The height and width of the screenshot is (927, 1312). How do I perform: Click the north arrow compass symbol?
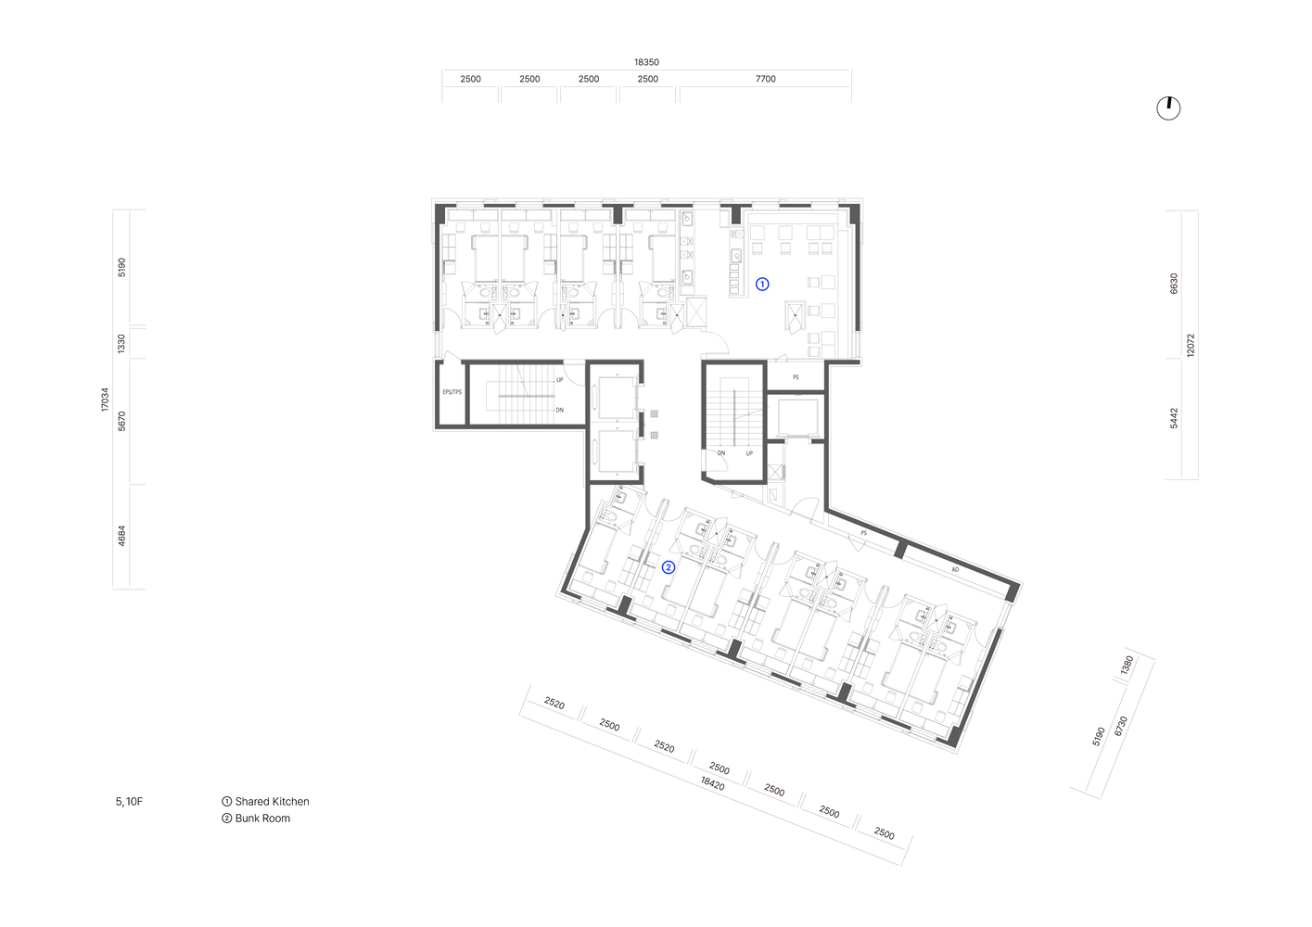pyautogui.click(x=1168, y=108)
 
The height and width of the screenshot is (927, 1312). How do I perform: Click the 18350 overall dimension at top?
pyautogui.click(x=646, y=62)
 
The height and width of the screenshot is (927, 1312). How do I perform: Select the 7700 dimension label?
pyautogui.click(x=765, y=79)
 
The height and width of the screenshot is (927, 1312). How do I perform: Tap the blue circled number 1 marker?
pyautogui.click(x=762, y=284)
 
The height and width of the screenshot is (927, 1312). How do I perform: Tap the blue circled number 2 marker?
pyautogui.click(x=669, y=566)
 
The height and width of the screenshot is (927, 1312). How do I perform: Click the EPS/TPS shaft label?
pyautogui.click(x=452, y=392)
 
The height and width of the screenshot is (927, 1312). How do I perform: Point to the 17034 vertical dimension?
pyautogui.click(x=105, y=400)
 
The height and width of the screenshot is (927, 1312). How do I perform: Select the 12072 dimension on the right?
pyautogui.click(x=1191, y=345)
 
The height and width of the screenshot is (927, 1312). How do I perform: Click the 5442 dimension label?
pyautogui.click(x=1174, y=418)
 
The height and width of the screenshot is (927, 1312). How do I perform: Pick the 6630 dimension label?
pyautogui.click(x=1174, y=284)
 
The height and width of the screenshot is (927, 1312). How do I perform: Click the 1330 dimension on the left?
pyautogui.click(x=121, y=344)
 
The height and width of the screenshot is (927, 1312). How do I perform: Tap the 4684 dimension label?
pyautogui.click(x=121, y=536)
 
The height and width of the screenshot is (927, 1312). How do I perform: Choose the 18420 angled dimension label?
pyautogui.click(x=712, y=783)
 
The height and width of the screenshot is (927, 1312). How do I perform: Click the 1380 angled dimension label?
pyautogui.click(x=1127, y=666)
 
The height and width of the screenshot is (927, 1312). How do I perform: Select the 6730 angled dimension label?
pyautogui.click(x=1120, y=726)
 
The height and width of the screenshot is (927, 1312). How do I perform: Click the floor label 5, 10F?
pyautogui.click(x=129, y=802)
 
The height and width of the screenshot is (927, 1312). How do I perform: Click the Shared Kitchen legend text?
pyautogui.click(x=272, y=802)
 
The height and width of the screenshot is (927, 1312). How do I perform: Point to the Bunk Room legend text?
pyautogui.click(x=262, y=819)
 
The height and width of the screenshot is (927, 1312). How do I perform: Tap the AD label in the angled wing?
pyautogui.click(x=955, y=569)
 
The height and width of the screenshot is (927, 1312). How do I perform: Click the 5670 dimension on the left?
pyautogui.click(x=121, y=421)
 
